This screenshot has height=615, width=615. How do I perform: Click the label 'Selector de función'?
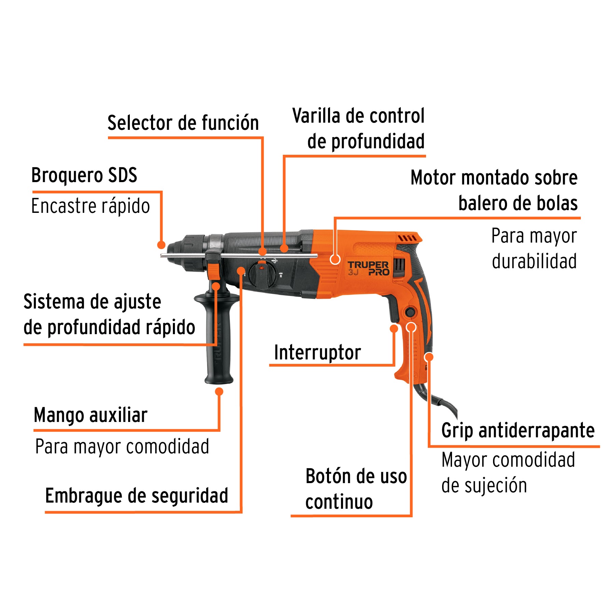click(x=183, y=123)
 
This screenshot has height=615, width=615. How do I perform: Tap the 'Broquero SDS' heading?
click(x=84, y=175)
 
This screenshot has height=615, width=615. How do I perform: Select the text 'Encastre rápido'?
click(x=91, y=206)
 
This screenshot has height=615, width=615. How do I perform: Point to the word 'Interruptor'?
click(x=317, y=353)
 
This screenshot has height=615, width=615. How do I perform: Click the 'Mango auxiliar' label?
click(x=91, y=415)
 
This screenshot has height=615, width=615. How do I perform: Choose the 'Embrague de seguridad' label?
click(x=137, y=496)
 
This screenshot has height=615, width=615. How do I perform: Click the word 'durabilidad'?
click(x=534, y=261)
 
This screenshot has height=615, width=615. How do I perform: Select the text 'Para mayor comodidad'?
click(x=122, y=447)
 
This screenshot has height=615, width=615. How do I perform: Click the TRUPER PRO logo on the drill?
click(x=368, y=268)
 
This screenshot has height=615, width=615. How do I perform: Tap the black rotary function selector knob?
click(x=262, y=275)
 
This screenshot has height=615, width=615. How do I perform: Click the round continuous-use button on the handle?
click(x=410, y=312)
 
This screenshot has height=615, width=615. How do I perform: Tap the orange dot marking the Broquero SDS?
click(x=161, y=245)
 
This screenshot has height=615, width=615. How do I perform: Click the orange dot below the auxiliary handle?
click(x=219, y=392)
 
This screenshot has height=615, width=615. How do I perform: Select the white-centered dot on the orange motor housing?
click(x=335, y=259)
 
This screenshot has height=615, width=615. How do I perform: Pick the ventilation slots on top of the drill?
click(x=407, y=238)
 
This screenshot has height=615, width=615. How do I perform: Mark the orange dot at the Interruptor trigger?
click(x=394, y=329)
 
